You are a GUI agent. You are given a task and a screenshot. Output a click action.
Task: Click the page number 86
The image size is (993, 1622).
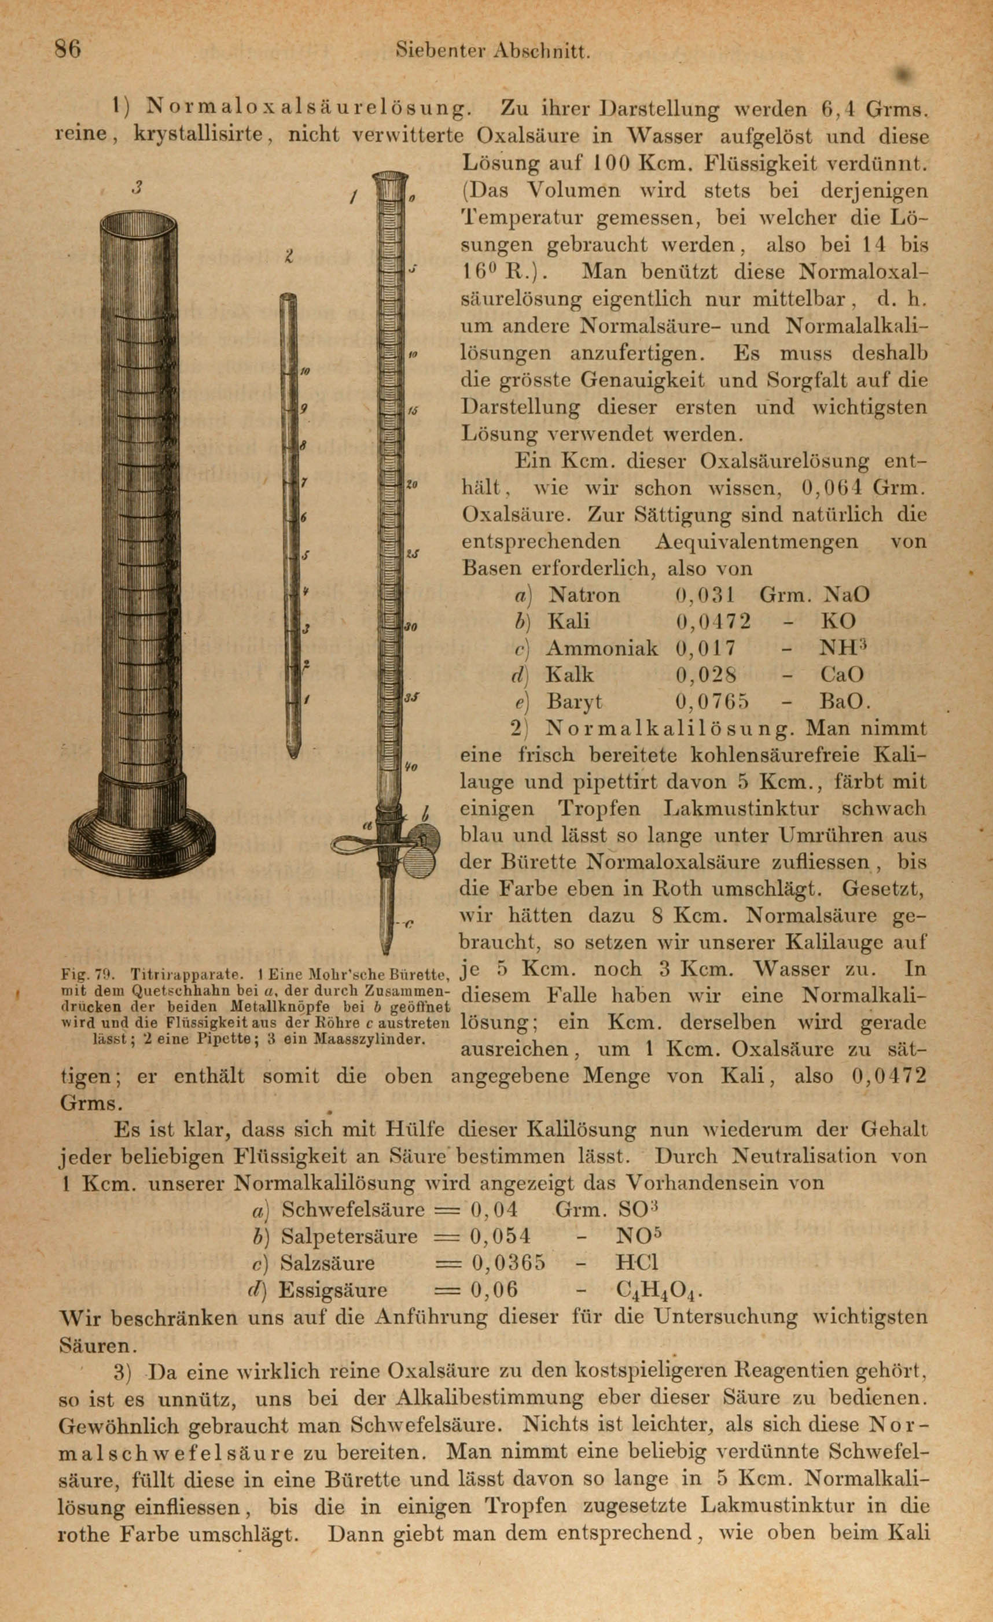point(68,49)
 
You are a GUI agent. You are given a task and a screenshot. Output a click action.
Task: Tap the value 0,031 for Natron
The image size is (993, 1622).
point(705,595)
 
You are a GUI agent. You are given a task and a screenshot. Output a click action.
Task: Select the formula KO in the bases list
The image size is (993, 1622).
point(837,621)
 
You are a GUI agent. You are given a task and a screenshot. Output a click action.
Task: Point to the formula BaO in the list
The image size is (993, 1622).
point(845,702)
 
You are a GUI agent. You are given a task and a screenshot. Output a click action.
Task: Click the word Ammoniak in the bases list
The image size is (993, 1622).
point(602,648)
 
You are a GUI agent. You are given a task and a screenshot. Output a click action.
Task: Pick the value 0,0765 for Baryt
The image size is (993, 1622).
point(712,702)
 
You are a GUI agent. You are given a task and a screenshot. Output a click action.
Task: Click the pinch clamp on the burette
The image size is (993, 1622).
point(395,839)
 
